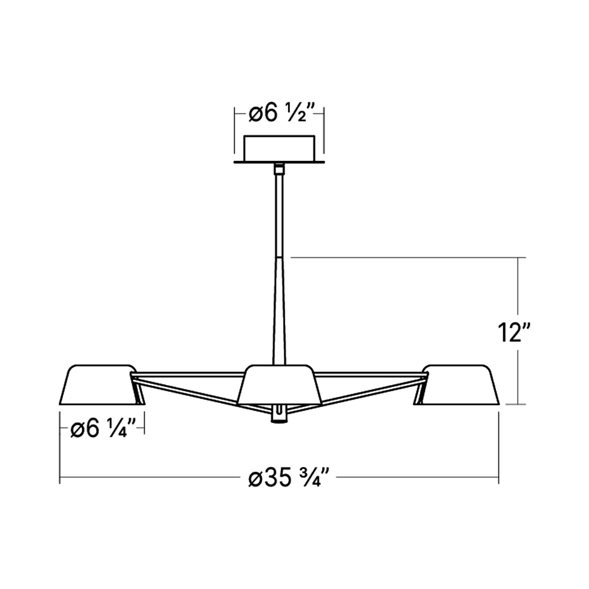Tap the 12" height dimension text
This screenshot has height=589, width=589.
pos(511,332)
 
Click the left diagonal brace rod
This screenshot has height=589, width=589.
pos(187,389)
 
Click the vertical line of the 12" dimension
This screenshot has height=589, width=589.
pos(518,294)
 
